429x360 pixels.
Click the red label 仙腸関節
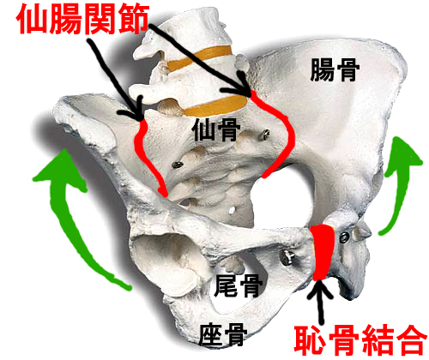pyautogui.click(x=83, y=20)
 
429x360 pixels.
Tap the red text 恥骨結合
pyautogui.click(x=361, y=340)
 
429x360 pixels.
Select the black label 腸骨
pyautogui.click(x=335, y=70)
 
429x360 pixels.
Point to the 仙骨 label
pyautogui.click(x=216, y=130)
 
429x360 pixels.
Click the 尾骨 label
pyautogui.click(x=239, y=285)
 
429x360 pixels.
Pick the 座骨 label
pyautogui.click(x=223, y=335)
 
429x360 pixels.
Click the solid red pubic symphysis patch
pyautogui.click(x=323, y=252)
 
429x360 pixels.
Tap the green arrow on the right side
pyautogui.click(x=401, y=183)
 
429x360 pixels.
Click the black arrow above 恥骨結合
pyautogui.click(x=320, y=302)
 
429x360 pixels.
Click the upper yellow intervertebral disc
pyautogui.click(x=199, y=58)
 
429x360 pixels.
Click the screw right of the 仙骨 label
pyautogui.click(x=265, y=134)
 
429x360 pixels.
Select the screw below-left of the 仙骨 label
pyautogui.click(x=178, y=165)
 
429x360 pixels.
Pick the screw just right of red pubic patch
pyautogui.click(x=344, y=237)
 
